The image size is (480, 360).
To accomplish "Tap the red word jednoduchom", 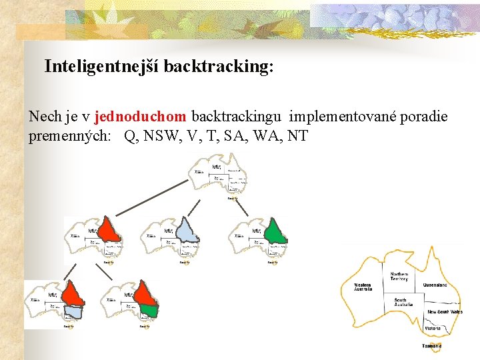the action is (141, 117).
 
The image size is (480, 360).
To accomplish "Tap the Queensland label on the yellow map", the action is (435, 285).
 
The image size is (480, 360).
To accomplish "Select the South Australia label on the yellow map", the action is (403, 303).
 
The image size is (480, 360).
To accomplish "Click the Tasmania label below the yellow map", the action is (431, 346).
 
